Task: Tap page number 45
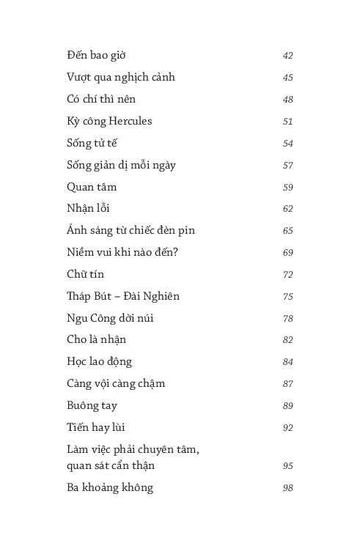coord(287,78)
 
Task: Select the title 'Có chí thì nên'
coord(101,99)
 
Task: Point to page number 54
coord(287,144)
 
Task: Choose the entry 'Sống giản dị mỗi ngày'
coord(121,165)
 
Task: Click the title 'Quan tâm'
coord(92,187)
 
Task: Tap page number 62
coord(287,209)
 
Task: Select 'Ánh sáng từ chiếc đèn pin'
coord(131,230)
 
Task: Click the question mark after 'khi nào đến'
coord(177,252)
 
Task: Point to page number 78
coord(287,319)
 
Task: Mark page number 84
coord(287,362)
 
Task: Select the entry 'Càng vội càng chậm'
coord(116,383)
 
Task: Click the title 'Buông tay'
coord(92,405)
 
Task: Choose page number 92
coord(287,428)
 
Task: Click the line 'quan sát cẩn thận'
coord(111,465)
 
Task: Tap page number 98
coord(287,488)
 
